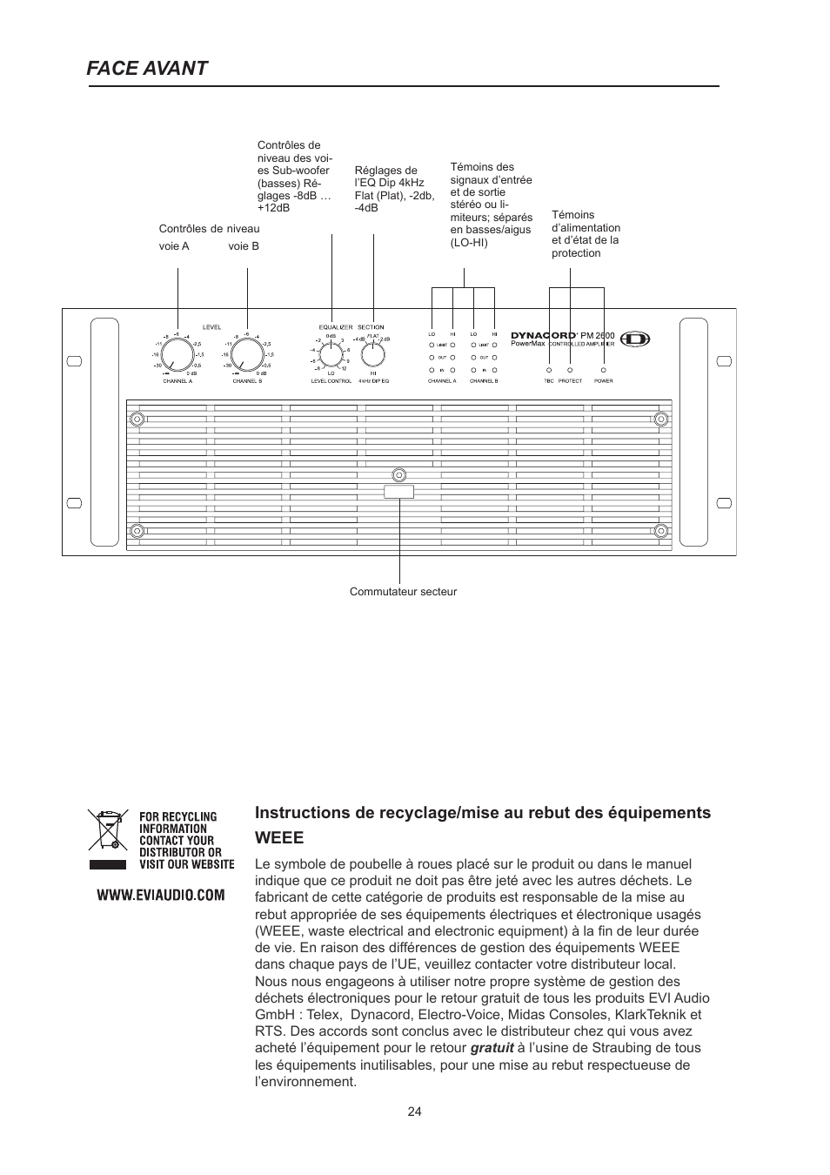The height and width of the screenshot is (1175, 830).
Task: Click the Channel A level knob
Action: click(177, 354)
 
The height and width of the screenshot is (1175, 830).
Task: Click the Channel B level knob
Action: click(247, 354)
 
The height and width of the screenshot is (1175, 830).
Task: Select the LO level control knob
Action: click(331, 354)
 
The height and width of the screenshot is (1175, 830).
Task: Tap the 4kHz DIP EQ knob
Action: click(373, 354)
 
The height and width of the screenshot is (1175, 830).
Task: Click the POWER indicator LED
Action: click(603, 370)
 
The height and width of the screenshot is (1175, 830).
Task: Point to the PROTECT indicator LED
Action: click(570, 370)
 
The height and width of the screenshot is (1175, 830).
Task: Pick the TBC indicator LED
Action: click(549, 370)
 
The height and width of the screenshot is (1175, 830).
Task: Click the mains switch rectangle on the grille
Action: click(398, 492)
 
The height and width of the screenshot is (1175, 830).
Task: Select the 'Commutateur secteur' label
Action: click(403, 592)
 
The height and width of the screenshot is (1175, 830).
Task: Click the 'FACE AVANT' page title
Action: click(147, 68)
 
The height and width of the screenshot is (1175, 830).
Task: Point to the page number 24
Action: click(414, 1111)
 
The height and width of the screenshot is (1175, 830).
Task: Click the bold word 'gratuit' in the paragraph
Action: click(492, 1048)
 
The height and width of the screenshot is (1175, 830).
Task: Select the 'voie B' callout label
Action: click(244, 246)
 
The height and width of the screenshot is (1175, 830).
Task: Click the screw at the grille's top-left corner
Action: click(137, 419)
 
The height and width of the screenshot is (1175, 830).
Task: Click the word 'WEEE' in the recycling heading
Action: click(279, 838)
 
